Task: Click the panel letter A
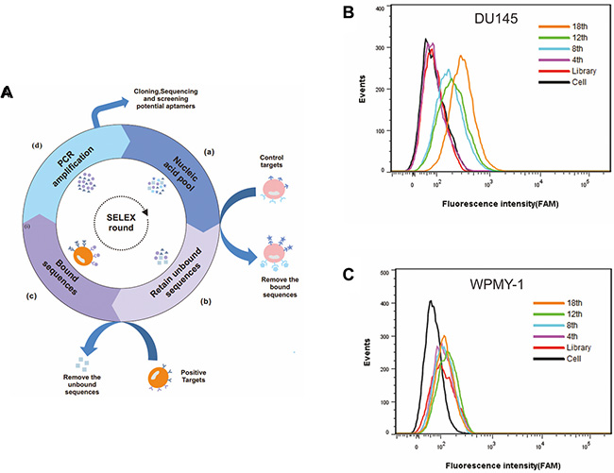[7, 93]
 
